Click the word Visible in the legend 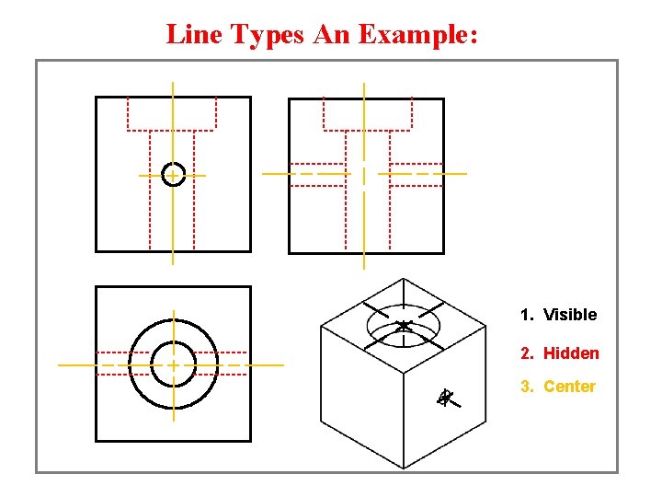tap(570, 315)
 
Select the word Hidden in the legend tap(571, 353)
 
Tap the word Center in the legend tap(569, 387)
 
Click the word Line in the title tap(195, 35)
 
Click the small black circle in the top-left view tap(173, 174)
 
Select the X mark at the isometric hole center tap(404, 326)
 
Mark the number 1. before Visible tap(527, 315)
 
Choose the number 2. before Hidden tap(527, 353)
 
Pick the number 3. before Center tap(527, 387)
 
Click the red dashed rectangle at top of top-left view tap(172, 113)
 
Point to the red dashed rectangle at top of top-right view tap(368, 113)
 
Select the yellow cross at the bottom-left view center tap(173, 364)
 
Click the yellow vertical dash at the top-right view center tap(365, 175)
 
